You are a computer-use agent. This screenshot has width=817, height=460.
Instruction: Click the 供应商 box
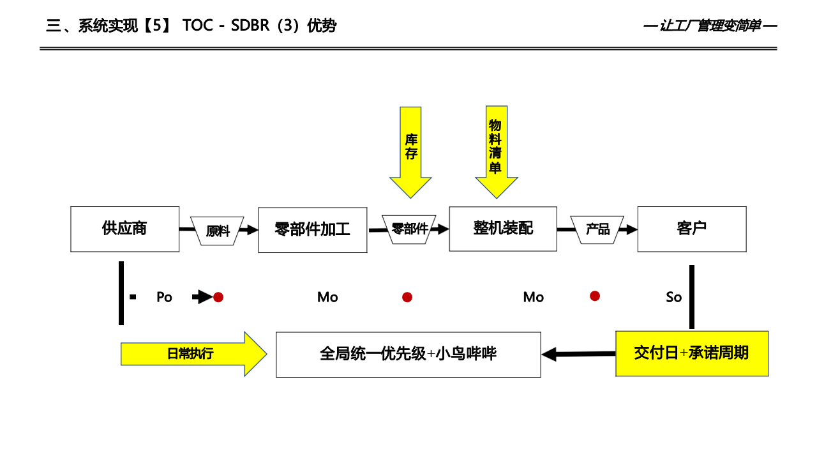click(124, 229)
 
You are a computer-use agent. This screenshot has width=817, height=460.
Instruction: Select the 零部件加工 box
click(312, 230)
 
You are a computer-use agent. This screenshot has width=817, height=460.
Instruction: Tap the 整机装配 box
click(503, 229)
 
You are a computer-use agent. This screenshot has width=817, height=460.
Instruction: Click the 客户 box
click(692, 229)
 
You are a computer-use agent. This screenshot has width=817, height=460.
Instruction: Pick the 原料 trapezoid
click(218, 231)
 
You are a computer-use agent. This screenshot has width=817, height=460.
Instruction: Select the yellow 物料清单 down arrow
click(496, 151)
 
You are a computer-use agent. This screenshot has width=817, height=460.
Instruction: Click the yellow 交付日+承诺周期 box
click(691, 353)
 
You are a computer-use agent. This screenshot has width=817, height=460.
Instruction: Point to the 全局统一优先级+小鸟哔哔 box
click(408, 354)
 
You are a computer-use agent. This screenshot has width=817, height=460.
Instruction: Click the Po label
click(164, 297)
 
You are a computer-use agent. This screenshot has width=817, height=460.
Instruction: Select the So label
click(673, 297)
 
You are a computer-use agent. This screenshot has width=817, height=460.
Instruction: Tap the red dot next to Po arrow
click(218, 297)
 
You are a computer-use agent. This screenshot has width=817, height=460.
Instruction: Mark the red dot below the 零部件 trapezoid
click(407, 297)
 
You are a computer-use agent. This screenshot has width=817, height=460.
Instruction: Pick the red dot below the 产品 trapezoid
click(595, 296)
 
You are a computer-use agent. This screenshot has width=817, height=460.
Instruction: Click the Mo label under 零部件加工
click(327, 297)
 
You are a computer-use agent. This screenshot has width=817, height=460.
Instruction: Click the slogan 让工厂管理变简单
click(710, 26)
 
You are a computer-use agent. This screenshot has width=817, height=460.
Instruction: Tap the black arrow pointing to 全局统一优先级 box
click(578, 354)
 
